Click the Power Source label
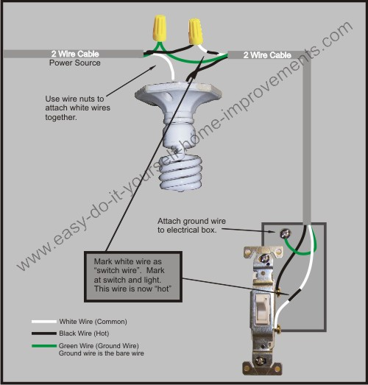click(75, 63)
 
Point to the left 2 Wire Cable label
click(75, 54)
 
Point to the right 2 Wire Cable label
click(269, 54)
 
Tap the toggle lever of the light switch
click(260, 307)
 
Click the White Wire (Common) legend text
click(93, 322)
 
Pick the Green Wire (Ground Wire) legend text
click(98, 345)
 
